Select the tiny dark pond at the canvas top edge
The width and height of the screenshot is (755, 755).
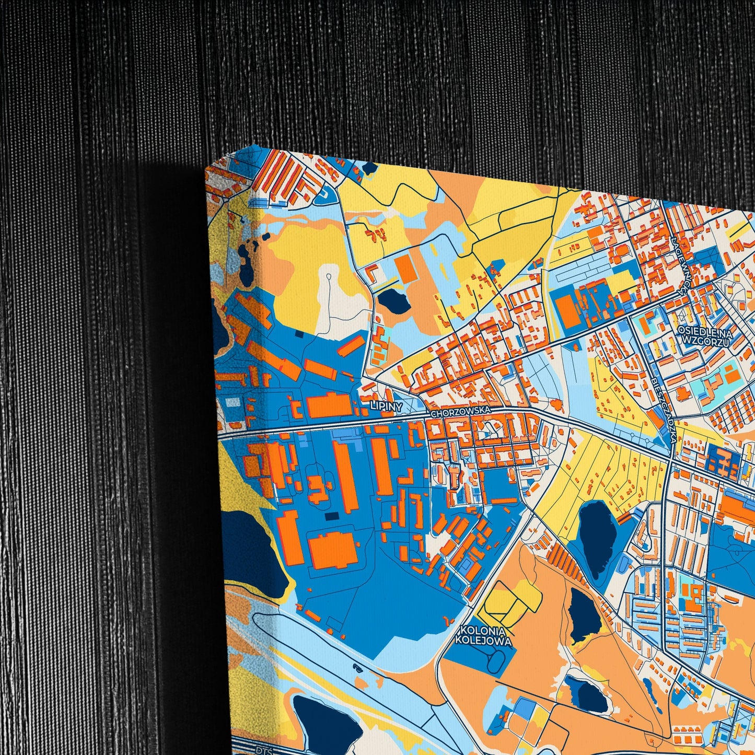369,168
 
